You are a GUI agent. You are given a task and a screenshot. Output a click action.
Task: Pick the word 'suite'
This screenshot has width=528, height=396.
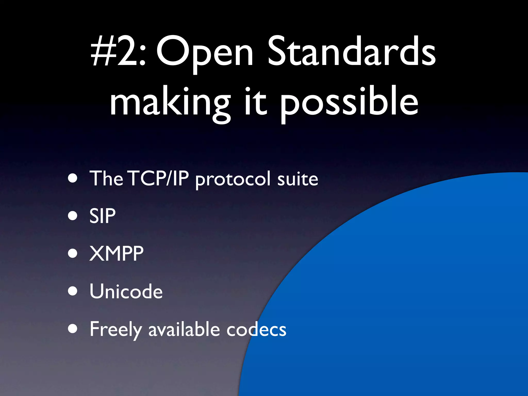[298, 179]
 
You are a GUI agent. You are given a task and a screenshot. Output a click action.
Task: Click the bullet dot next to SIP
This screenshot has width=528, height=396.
[73, 216]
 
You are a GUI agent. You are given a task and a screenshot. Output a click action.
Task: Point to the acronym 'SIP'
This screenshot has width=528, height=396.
[102, 216]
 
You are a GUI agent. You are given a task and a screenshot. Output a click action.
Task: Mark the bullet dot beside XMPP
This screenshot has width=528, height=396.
[73, 253]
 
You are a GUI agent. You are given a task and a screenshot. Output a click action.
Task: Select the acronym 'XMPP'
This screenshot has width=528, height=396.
[116, 253]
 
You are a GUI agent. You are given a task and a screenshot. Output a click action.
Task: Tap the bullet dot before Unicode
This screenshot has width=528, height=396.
[73, 291]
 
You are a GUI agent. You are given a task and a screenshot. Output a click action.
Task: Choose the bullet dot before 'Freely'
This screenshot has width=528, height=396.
[73, 329]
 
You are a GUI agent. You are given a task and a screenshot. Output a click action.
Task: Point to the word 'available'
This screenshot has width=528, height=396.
[184, 329]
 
